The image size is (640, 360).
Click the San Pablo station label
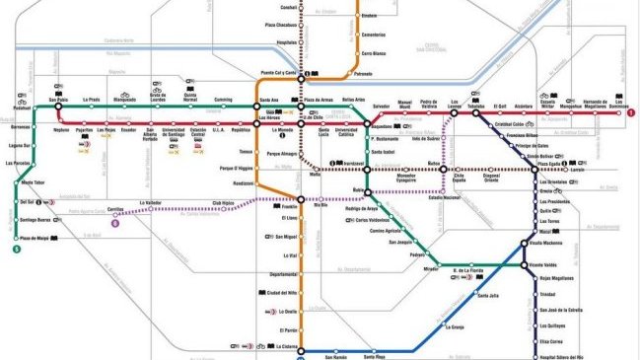click(x=57, y=99)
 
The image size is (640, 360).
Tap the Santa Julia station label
click(x=487, y=294)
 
